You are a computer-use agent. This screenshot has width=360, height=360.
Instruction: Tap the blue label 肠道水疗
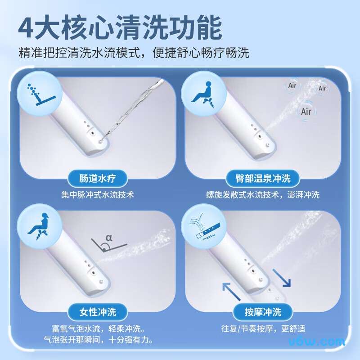(x=98, y=178)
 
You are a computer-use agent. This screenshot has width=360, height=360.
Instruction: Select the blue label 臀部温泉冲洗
(x=263, y=178)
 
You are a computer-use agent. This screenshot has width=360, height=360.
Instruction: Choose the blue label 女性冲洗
(x=98, y=312)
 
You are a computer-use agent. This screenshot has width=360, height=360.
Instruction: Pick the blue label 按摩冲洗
(x=263, y=312)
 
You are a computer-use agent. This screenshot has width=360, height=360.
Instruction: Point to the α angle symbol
(x=109, y=238)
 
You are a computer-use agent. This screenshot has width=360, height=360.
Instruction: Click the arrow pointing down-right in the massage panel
(x=282, y=278)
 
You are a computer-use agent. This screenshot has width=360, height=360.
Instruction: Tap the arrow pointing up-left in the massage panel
(x=231, y=292)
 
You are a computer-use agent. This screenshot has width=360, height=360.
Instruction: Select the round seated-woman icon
(x=40, y=226)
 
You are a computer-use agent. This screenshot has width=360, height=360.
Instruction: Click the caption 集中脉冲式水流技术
(x=98, y=195)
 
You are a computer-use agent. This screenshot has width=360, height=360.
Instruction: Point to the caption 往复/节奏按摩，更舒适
(x=263, y=328)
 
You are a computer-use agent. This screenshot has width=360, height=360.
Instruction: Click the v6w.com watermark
(x=317, y=342)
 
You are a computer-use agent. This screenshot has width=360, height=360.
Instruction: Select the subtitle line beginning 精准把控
(x=134, y=53)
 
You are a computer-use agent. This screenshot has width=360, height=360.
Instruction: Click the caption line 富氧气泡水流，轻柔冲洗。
(x=99, y=328)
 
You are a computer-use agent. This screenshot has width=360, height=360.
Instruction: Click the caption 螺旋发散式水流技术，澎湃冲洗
(x=263, y=195)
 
